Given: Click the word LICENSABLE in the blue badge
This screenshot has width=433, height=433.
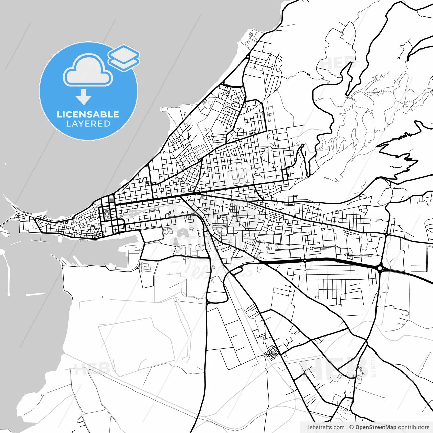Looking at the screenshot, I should [88, 114].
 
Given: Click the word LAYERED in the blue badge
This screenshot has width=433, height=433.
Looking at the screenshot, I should [88, 124].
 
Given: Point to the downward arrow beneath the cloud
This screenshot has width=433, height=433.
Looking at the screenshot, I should [84, 97].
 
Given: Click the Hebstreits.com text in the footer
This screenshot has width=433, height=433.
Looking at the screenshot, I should [325, 427].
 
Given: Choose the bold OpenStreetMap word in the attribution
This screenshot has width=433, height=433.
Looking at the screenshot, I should [376, 427].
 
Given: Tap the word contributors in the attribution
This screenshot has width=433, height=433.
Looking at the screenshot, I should [413, 427].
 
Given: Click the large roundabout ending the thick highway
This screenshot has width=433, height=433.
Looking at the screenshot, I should [380, 268].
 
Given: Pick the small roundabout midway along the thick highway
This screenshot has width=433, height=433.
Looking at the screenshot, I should [305, 260].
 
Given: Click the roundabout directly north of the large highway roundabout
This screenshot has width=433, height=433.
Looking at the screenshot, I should [386, 234].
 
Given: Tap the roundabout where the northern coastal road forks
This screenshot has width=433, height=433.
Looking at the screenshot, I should [248, 57].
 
